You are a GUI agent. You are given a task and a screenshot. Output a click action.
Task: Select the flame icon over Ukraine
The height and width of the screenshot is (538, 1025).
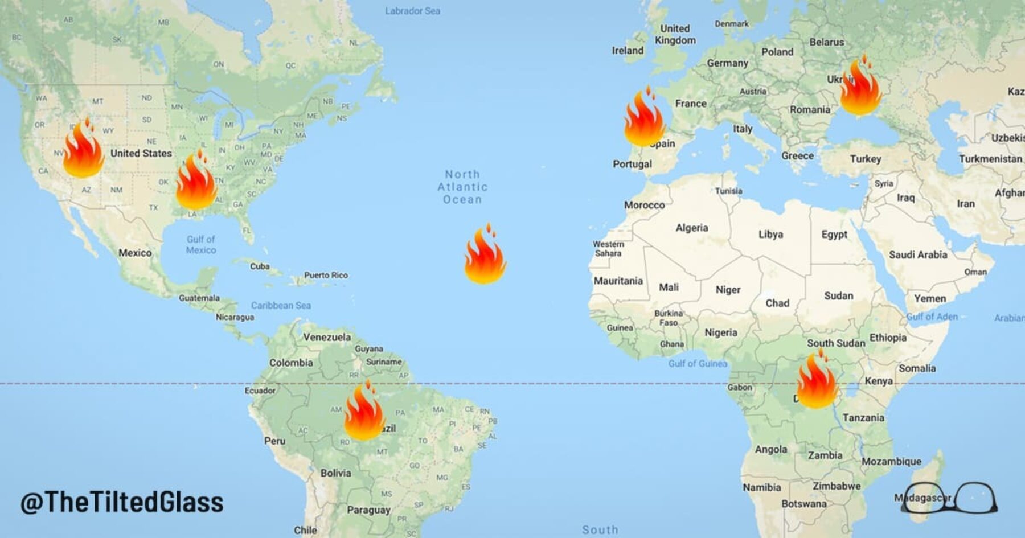(x=860, y=88)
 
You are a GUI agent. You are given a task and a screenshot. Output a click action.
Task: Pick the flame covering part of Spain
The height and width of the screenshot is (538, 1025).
(x=644, y=120)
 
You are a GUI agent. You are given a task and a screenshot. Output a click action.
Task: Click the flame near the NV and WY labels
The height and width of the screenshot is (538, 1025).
(x=84, y=151)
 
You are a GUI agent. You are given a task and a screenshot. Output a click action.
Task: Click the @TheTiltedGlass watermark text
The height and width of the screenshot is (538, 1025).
(x=122, y=502)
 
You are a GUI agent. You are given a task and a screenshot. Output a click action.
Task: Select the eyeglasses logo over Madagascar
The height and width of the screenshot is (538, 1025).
(x=949, y=498)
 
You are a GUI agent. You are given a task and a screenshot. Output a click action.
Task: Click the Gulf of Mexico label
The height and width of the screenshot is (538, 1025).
(x=200, y=244)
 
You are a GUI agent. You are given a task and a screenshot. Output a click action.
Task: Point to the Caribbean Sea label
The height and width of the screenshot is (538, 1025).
(x=281, y=306)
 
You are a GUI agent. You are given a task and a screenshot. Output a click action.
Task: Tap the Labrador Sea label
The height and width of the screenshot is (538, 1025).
(x=412, y=11)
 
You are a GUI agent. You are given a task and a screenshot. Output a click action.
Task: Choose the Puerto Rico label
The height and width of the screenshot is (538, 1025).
(x=326, y=275)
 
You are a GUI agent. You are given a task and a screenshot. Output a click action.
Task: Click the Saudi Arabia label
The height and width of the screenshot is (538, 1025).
(x=918, y=255)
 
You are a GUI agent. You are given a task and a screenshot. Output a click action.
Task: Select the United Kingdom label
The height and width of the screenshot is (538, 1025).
(x=675, y=34)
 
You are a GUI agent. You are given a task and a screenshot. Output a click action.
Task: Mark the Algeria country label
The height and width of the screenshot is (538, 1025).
(x=692, y=228)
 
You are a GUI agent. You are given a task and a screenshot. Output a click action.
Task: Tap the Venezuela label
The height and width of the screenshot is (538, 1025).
(x=327, y=337)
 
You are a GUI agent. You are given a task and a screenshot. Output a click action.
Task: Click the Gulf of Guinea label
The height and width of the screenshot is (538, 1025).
(x=698, y=363)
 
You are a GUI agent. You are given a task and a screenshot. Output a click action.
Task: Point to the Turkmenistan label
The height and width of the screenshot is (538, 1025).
(x=990, y=159)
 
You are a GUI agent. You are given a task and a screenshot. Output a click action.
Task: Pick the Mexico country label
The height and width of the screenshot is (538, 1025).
(x=135, y=253)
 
